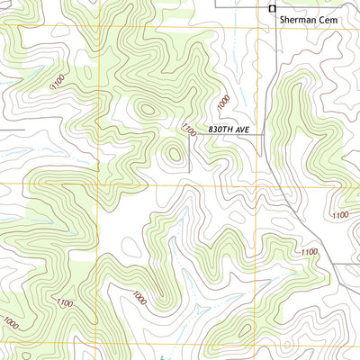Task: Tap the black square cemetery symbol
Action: coord(273,9)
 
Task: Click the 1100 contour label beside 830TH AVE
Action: coord(188,130)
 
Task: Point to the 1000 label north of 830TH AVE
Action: coord(224,101)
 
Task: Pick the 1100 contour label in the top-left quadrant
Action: coord(58,83)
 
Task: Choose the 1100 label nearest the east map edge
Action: coord(340,215)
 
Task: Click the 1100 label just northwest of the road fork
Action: coord(310,251)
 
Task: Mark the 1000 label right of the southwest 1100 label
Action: coord(139,298)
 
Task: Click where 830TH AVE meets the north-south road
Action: coord(262,133)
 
